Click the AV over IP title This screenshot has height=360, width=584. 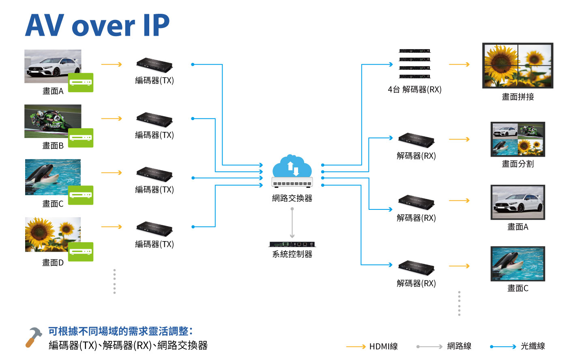tap(97, 25)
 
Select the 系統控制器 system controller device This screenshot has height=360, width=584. tap(292, 244)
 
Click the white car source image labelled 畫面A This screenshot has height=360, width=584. tap(53, 66)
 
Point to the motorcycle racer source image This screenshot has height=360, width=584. tap(53, 121)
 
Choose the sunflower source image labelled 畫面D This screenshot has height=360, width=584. tap(53, 234)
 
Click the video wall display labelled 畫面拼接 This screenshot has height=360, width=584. tap(517, 65)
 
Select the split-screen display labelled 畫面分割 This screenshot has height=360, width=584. tap(517, 139)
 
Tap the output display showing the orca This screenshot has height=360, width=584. tap(517, 263)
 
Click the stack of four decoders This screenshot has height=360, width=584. tap(414, 64)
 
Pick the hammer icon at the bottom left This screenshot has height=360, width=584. tap(34, 337)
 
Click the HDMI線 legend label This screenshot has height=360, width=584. tap(383, 347)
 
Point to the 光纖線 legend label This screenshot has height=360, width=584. tap(532, 346)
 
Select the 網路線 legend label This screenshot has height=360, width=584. tap(459, 346)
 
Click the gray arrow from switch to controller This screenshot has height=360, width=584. tap(292, 223)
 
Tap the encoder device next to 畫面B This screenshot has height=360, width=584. tap(155, 119)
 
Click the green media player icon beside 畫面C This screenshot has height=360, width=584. tap(81, 195)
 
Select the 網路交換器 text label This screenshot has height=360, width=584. tap(292, 198)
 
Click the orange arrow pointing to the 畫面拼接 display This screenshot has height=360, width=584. tap(459, 64)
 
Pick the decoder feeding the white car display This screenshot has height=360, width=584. tap(416, 202)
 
